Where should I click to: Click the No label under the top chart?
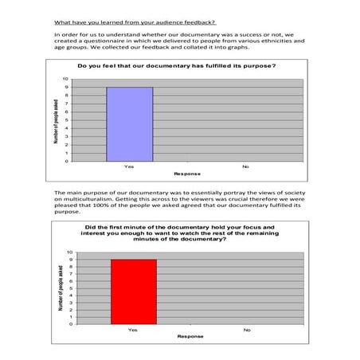(x=245, y=166)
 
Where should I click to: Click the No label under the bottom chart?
(x=247, y=329)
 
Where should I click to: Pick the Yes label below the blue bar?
(x=129, y=166)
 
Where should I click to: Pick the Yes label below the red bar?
(x=133, y=329)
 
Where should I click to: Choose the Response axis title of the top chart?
(x=187, y=174)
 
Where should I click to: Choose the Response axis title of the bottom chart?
(x=190, y=336)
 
